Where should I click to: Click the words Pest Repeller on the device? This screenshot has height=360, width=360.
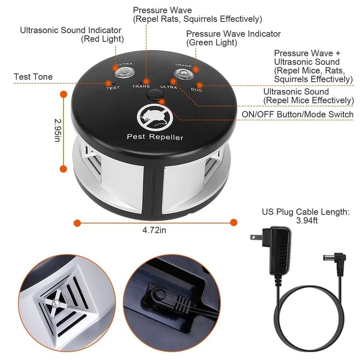point(155,137)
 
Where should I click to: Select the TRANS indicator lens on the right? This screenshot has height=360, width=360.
point(183,74)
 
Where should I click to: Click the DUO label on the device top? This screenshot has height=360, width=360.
point(196,90)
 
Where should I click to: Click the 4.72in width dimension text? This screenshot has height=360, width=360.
point(154,230)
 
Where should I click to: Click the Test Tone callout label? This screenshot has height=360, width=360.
point(33,77)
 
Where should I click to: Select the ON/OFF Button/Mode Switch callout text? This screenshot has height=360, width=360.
point(297,114)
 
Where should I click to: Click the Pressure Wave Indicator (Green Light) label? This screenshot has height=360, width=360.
point(233,38)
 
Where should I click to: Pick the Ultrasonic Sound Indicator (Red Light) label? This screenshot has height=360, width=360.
point(71,35)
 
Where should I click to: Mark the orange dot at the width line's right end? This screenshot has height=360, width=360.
point(234,222)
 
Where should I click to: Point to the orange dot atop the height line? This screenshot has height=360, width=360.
point(63,94)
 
